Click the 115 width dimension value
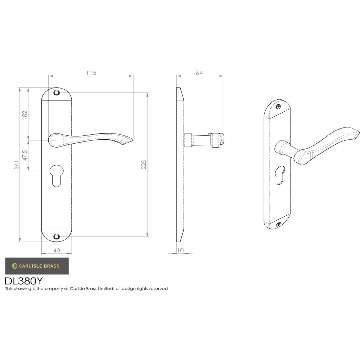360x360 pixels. click(91, 73)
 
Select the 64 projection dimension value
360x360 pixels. click(199, 73)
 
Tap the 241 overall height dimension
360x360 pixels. click(16, 165)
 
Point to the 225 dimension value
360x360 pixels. click(144, 165)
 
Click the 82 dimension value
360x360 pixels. click(25, 113)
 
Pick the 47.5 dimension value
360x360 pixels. click(25, 155)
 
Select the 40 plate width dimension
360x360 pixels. click(57, 250)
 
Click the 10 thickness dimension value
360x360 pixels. click(180, 250)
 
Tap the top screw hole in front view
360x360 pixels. click(56, 93)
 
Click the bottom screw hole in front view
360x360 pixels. click(56, 237)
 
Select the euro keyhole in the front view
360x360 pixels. click(56, 175)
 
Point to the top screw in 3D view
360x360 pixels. click(278, 107)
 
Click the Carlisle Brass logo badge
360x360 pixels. click(36, 266)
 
